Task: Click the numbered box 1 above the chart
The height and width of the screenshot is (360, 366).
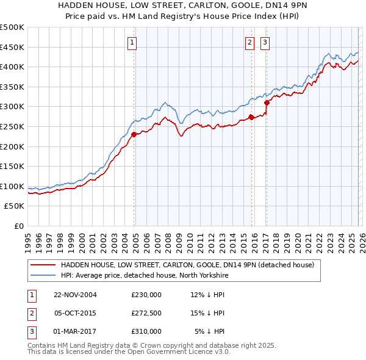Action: click(132, 43)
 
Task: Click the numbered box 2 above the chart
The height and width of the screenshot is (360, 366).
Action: click(250, 43)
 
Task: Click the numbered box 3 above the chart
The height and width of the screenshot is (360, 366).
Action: click(265, 43)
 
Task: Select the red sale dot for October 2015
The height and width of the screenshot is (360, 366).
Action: click(251, 117)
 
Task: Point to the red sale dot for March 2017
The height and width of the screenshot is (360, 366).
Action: click(267, 103)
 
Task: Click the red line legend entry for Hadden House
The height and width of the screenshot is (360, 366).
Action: click(187, 265)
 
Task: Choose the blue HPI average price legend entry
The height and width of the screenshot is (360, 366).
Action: click(135, 275)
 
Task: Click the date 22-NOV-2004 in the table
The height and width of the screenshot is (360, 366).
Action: click(75, 295)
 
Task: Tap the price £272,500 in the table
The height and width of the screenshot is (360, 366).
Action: click(146, 313)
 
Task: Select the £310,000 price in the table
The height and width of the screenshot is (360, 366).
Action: click(146, 331)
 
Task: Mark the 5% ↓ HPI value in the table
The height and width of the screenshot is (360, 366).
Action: click(209, 331)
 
